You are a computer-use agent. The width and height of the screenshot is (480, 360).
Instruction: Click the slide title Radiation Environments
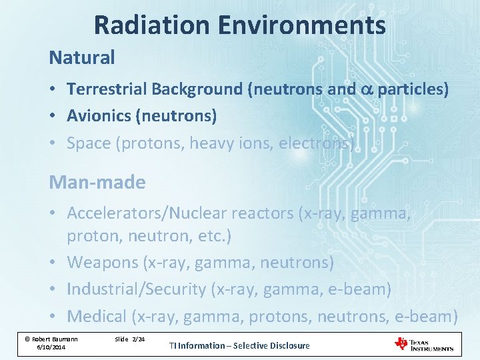(x=239, y=25)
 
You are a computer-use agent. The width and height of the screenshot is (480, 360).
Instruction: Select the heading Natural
(x=82, y=58)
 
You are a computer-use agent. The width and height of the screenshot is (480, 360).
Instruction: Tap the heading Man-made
(x=97, y=183)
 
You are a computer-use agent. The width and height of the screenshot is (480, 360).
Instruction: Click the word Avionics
(x=99, y=116)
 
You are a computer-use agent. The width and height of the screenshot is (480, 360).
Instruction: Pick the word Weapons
(x=103, y=263)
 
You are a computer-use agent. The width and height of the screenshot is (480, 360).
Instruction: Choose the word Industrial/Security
(x=137, y=289)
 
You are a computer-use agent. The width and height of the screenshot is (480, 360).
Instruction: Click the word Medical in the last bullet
(x=97, y=316)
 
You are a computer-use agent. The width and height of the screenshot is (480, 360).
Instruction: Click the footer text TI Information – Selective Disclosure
(x=239, y=345)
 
